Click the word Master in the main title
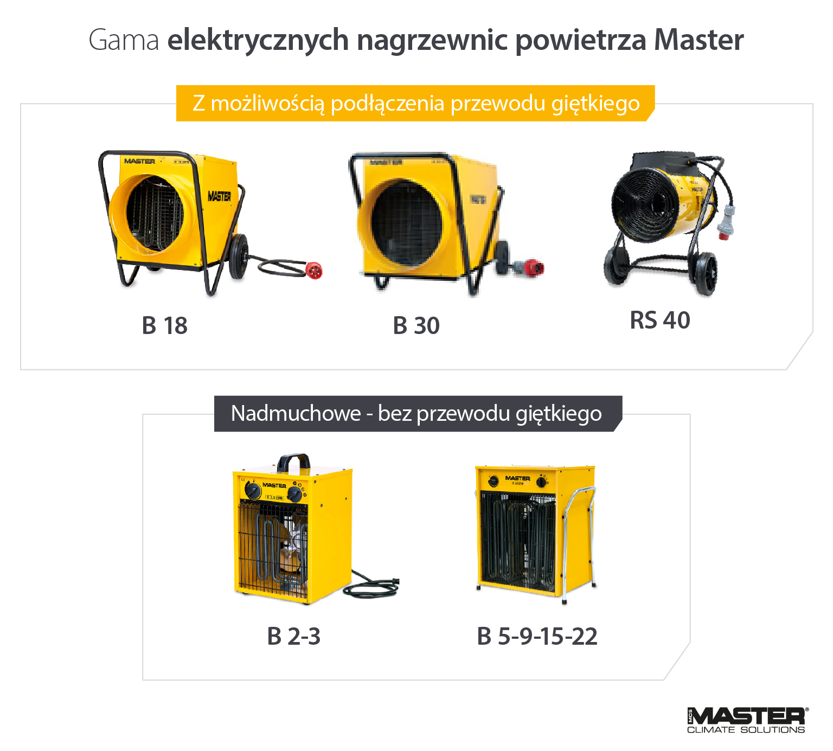click(699, 40)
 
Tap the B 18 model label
click(165, 326)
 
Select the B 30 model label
click(416, 326)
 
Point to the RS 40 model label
click(659, 320)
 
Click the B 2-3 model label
click(293, 637)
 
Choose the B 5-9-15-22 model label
click(537, 637)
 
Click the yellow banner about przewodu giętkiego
click(415, 103)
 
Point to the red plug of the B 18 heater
click(315, 270)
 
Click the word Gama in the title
click(124, 40)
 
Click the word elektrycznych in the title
click(258, 40)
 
